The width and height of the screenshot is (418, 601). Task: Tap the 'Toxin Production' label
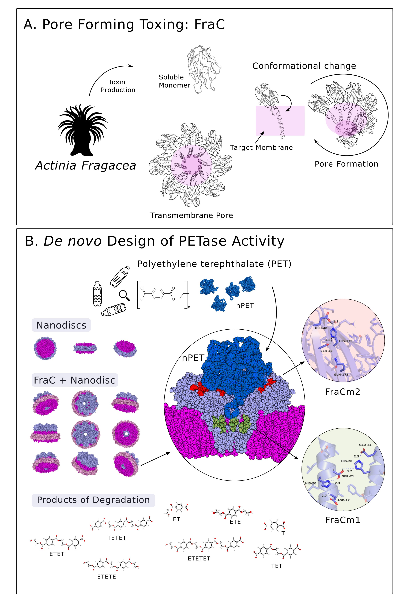(x=118, y=86)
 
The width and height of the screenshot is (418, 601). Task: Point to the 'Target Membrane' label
(x=261, y=148)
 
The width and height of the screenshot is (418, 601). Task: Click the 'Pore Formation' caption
(x=346, y=164)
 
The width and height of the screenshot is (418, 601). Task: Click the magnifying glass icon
(x=124, y=295)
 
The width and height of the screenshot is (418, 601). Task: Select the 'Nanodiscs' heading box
(x=61, y=325)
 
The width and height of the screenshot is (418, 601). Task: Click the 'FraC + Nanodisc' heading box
(x=75, y=380)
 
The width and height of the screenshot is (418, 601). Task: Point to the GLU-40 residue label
(x=321, y=328)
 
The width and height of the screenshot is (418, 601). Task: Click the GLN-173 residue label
(x=341, y=375)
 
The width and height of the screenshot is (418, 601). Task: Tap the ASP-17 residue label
(x=343, y=500)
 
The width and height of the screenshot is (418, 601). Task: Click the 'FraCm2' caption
(x=342, y=392)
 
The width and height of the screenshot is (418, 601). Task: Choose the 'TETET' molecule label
(x=117, y=538)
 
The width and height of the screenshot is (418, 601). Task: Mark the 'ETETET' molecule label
(x=199, y=559)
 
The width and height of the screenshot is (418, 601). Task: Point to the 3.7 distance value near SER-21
(x=349, y=471)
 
